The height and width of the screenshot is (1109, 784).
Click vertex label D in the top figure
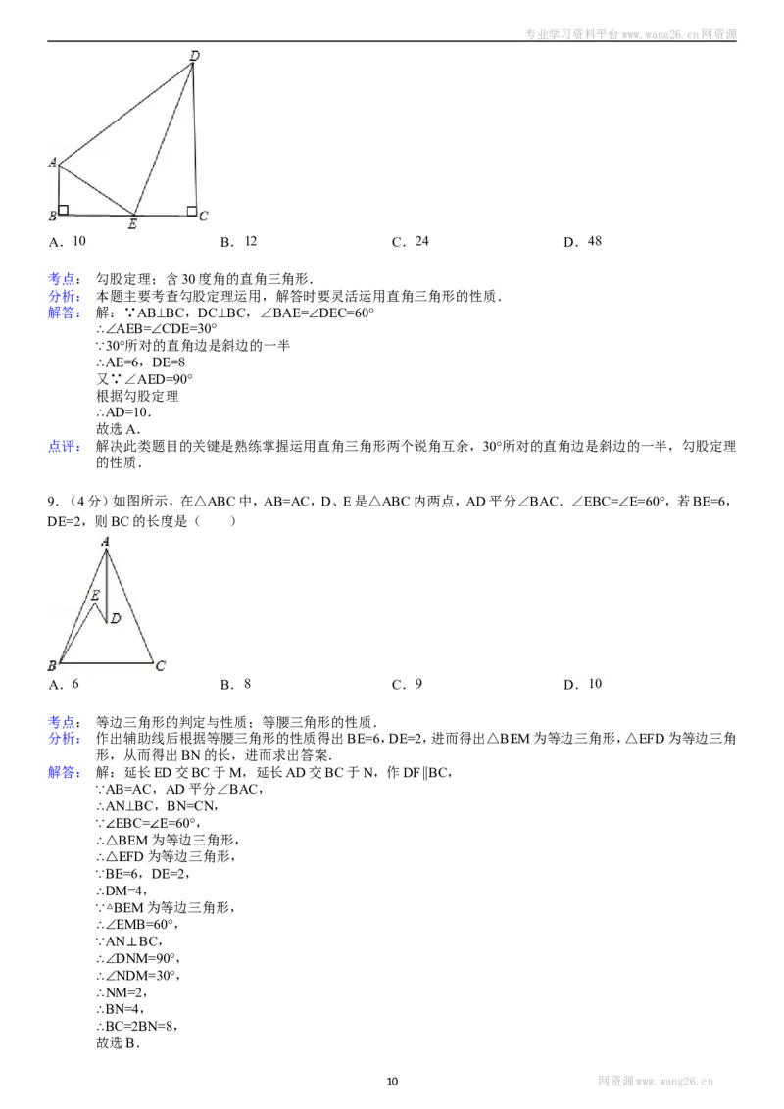point(195,55)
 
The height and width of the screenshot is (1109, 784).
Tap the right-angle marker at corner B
point(64,210)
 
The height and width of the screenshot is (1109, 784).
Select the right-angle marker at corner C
point(191,210)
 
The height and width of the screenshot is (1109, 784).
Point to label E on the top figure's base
point(132,224)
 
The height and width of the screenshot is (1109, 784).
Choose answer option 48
point(594,241)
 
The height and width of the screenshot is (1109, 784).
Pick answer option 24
point(421,241)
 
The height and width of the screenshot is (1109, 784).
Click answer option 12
point(251,241)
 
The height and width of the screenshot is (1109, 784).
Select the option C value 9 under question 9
point(418,683)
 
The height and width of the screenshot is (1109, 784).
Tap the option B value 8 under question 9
point(248,683)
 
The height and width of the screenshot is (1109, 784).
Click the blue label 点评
point(65,447)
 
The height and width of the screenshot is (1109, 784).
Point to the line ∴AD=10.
point(123,412)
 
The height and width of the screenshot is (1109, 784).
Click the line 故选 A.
point(119,428)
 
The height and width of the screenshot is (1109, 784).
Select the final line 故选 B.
point(119,1042)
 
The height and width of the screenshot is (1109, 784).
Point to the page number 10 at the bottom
point(393,1081)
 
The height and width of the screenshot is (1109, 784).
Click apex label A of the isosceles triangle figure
point(106,541)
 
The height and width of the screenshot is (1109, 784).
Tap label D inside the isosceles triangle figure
point(116,618)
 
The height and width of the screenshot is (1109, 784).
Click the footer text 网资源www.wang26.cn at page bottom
point(656,1081)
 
